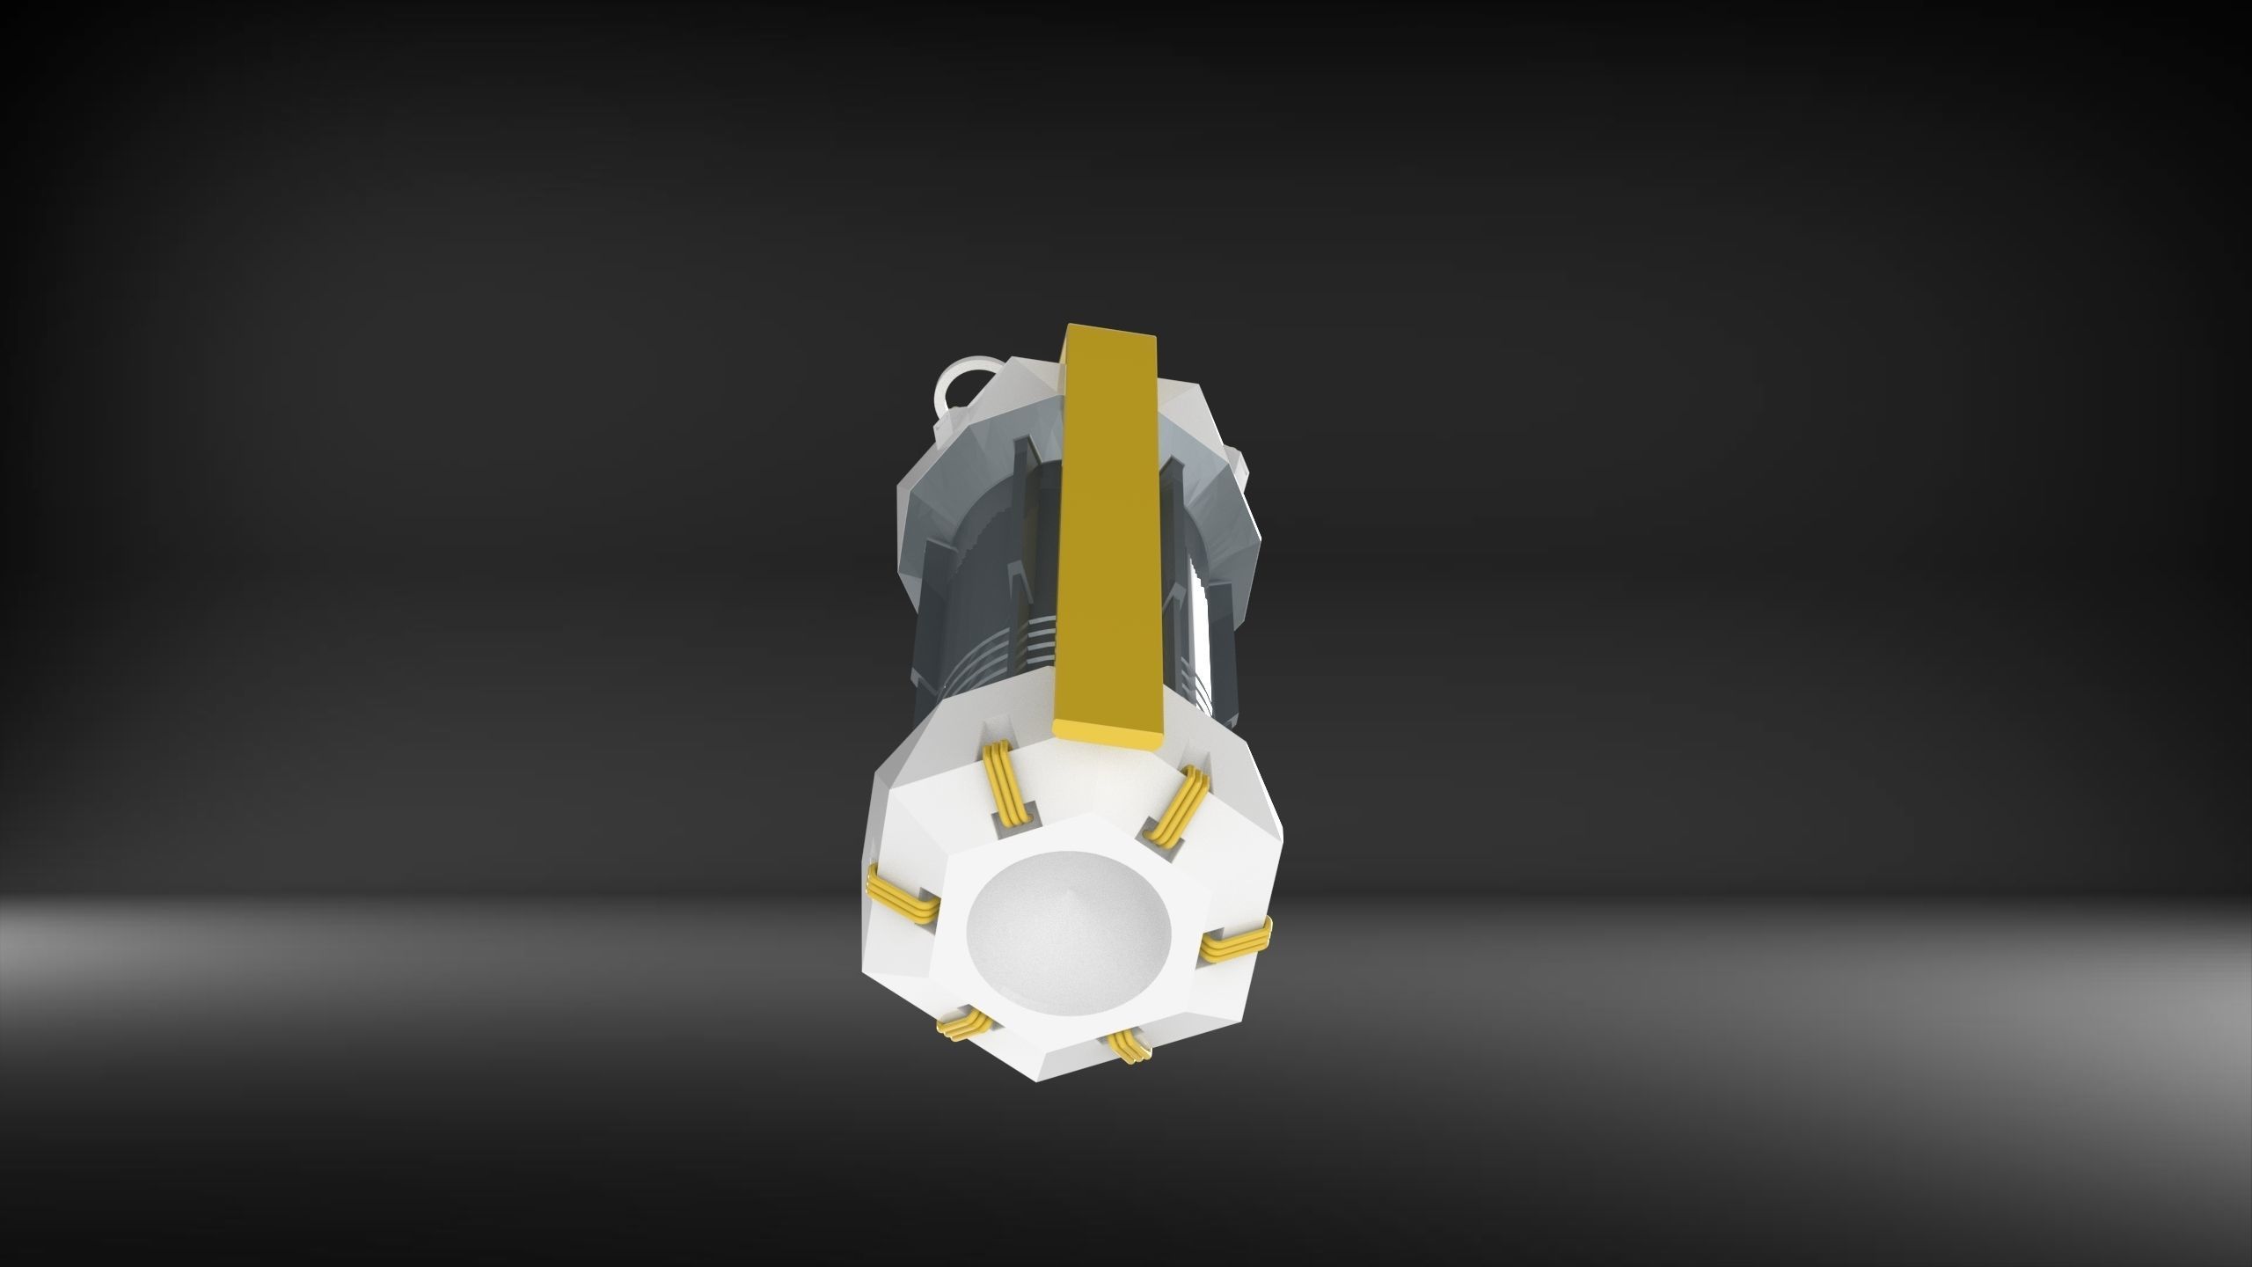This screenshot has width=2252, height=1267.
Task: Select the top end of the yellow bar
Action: pos(1115,333)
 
